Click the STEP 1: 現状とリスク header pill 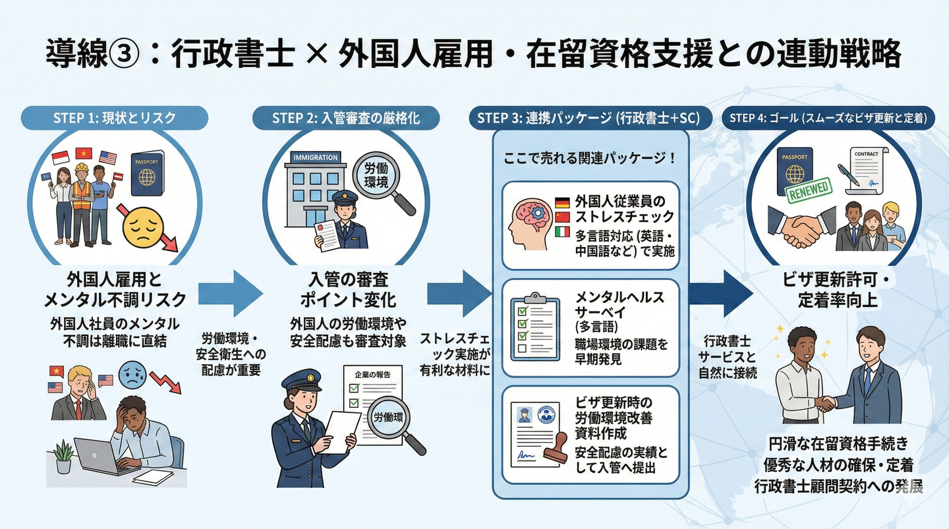pos(115,117)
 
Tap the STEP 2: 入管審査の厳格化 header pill pos(345,117)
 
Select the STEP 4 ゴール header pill pos(828,118)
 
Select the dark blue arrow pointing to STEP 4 pos(724,294)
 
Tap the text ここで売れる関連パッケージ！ pos(590,159)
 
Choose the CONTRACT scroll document pos(863,171)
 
